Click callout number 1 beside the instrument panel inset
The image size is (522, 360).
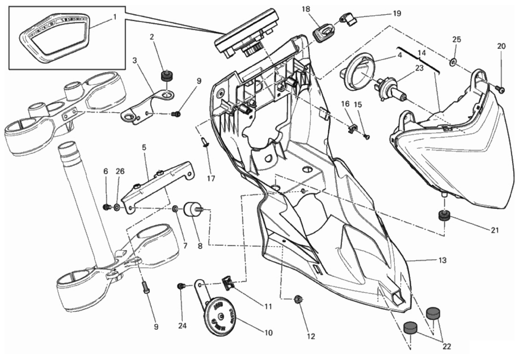[115, 17]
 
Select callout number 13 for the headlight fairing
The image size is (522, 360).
[442, 260]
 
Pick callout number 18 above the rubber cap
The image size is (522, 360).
[306, 9]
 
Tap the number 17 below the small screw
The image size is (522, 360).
[211, 179]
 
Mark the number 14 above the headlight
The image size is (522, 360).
[421, 53]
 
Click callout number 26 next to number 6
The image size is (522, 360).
[120, 171]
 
